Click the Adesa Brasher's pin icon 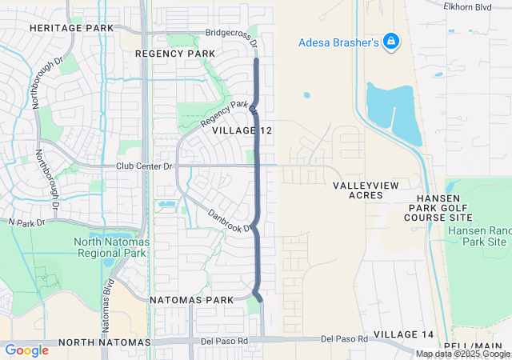coord(391,41)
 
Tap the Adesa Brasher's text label coord(338,42)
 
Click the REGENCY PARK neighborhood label coord(175,53)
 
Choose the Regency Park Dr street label coord(230,115)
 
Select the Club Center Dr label coord(144,166)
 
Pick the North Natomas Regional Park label coord(110,247)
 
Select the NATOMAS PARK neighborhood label coord(191,299)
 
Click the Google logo coord(26,350)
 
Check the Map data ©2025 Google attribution coord(462,354)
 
